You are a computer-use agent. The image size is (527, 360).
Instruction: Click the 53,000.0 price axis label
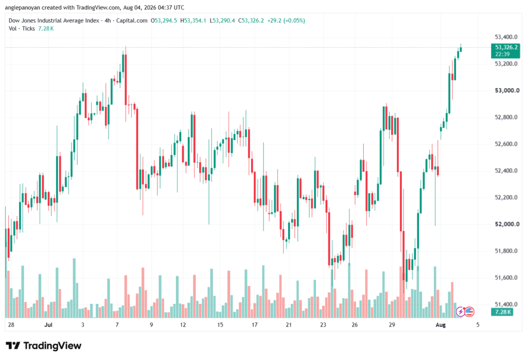[x=507, y=91]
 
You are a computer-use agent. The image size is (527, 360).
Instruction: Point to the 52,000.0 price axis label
[x=507, y=224]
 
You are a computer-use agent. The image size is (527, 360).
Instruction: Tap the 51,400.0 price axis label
[x=506, y=304]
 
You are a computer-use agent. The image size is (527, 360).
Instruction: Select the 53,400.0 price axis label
[x=506, y=37]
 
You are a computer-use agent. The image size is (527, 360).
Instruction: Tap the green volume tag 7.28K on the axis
[x=503, y=312]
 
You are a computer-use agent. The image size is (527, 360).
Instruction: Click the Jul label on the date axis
[x=48, y=324]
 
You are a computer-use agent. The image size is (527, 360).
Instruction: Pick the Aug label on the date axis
[x=441, y=324]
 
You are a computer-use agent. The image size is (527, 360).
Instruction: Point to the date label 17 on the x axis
[x=254, y=324]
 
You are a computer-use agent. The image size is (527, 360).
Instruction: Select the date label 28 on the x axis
[x=11, y=324]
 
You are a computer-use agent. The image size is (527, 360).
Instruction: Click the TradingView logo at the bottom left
[x=44, y=346]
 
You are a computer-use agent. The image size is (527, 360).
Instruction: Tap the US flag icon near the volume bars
[x=469, y=312]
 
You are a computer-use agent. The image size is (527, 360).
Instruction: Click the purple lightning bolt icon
[x=460, y=312]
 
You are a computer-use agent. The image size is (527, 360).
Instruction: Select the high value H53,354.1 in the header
[x=194, y=21]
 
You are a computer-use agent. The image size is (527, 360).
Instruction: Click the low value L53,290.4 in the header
[x=222, y=21]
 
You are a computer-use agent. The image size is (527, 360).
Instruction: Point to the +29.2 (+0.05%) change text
[x=286, y=21]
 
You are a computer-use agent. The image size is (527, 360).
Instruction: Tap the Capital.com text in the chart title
[x=132, y=21]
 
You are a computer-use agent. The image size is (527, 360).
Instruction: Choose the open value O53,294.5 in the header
[x=164, y=21]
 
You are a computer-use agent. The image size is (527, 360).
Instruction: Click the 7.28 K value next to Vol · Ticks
[x=46, y=29]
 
